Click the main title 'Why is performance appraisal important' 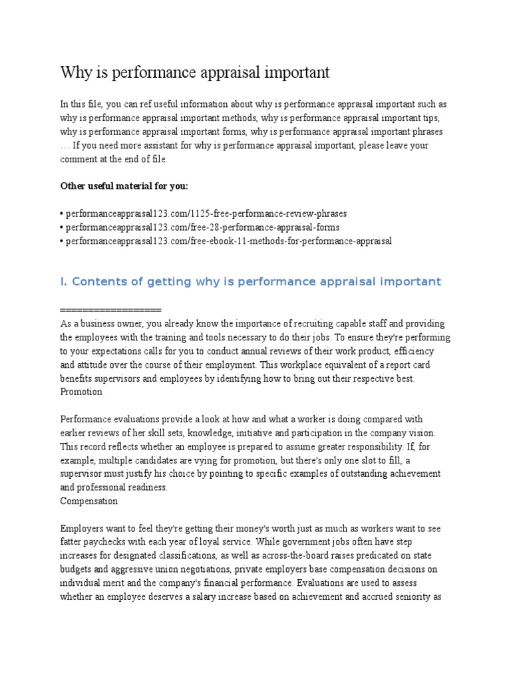(194, 72)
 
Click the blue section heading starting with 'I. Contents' (250, 281)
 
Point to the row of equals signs (110, 310)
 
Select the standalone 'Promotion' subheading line (81, 392)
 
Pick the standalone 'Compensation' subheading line (88, 500)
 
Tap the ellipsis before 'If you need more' (65, 146)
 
